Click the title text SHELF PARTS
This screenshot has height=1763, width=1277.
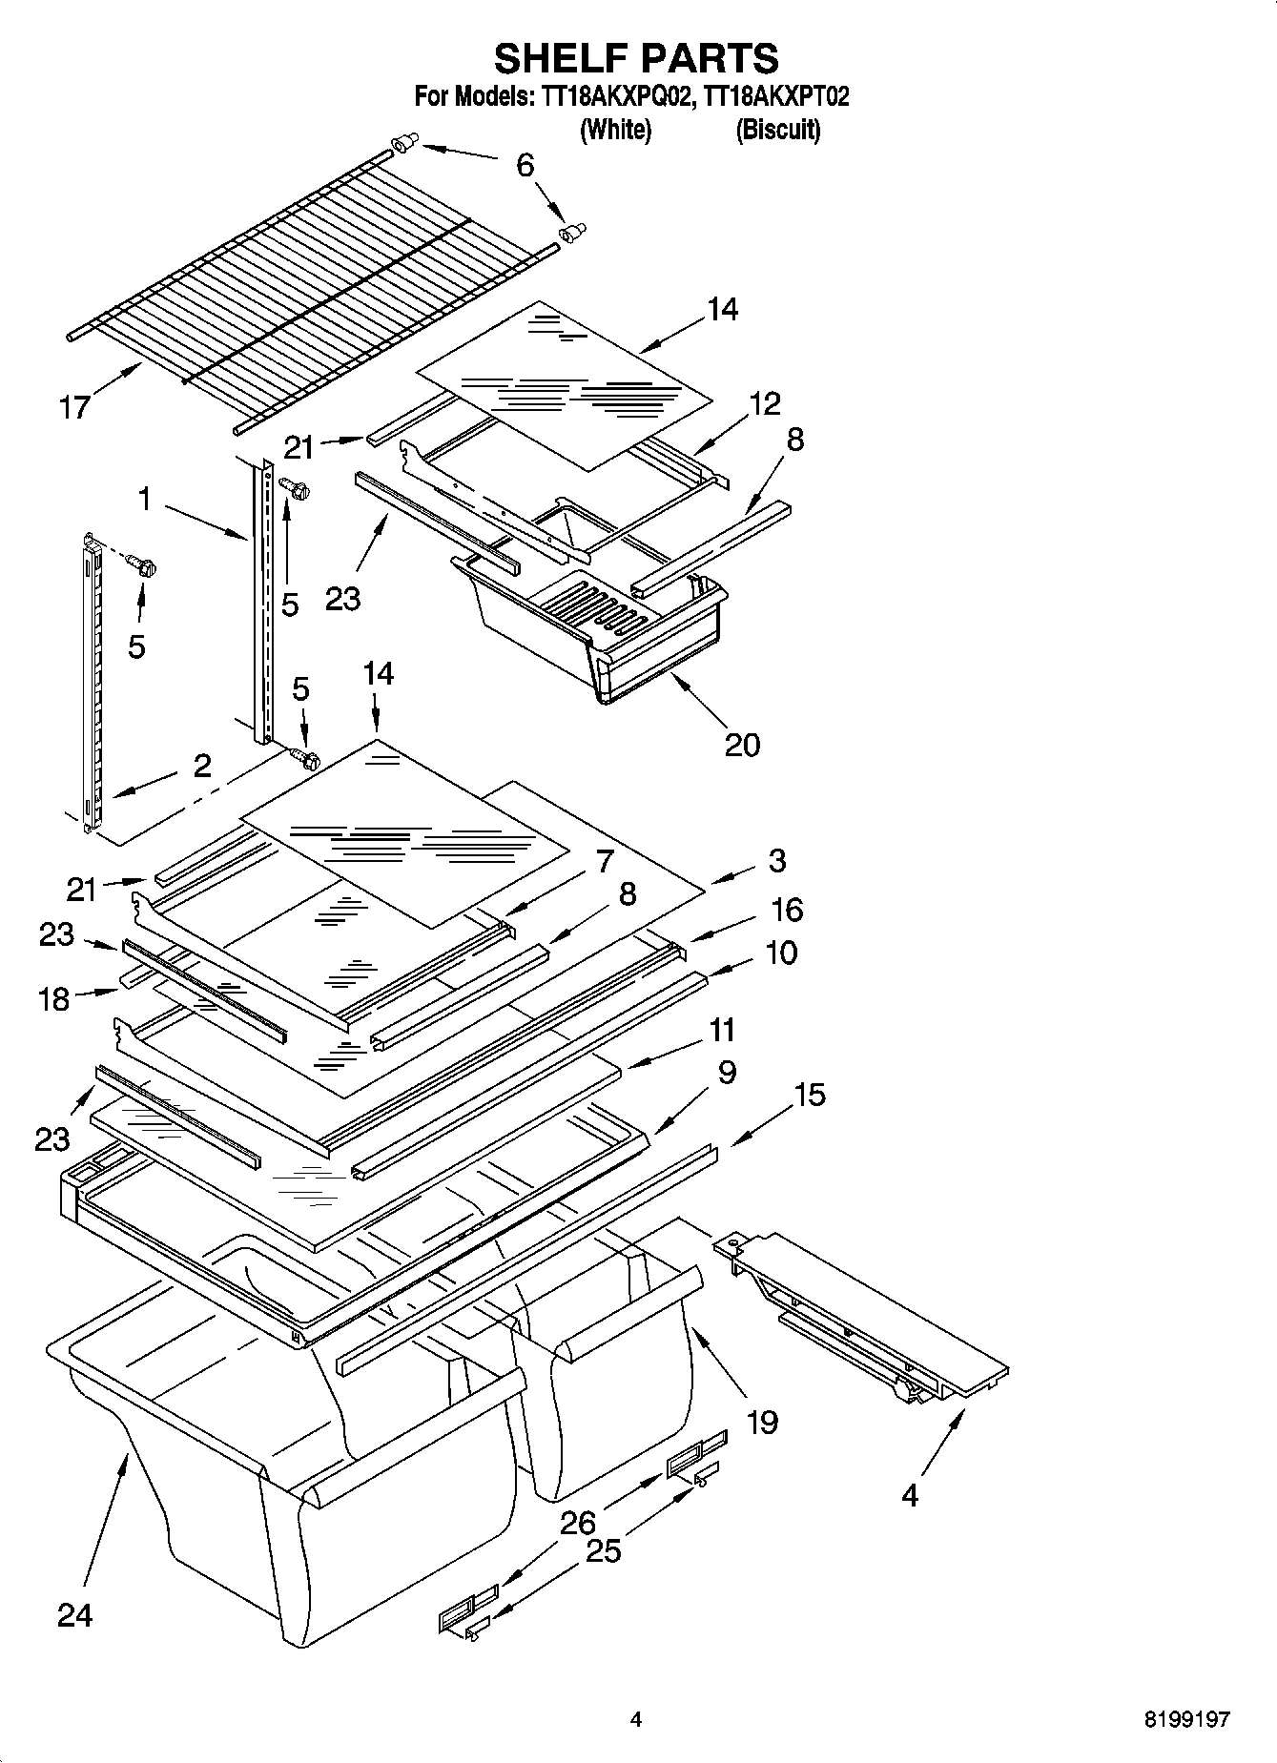636,58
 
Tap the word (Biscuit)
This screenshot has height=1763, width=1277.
777,130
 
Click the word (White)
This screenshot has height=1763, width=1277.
615,130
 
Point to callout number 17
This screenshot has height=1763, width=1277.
74,408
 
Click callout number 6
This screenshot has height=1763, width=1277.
525,165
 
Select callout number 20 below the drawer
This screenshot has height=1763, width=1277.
742,744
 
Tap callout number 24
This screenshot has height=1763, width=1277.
74,1615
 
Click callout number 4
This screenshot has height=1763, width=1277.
910,1495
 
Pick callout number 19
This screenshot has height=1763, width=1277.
762,1423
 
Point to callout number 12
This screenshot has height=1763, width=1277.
765,403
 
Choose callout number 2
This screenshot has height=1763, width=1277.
202,766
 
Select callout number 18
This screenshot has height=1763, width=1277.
54,999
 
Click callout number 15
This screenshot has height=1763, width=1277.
810,1095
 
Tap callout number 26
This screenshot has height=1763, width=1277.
578,1524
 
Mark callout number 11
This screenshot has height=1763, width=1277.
722,1031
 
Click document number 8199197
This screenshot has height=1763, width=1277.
1186,1720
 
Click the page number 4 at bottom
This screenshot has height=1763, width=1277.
636,1720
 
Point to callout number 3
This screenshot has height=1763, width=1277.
777,860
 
